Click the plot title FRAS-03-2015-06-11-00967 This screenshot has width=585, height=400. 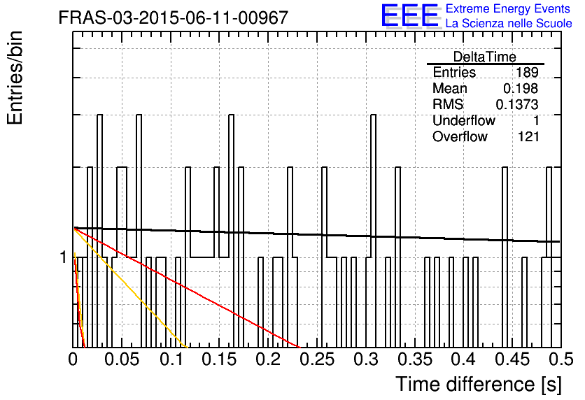tap(174, 17)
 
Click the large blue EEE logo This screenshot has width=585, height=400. tap(410, 16)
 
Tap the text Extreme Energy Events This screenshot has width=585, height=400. tap(508, 8)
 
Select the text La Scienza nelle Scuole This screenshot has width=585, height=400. tap(509, 24)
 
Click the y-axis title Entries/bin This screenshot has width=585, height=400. tap(15, 78)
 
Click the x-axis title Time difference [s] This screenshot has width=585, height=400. tap(479, 384)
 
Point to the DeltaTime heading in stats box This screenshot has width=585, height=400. tap(485, 57)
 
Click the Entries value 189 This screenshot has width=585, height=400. tap(527, 72)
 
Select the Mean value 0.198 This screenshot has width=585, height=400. tap(521, 88)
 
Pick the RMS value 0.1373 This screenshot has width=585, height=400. tap(516, 104)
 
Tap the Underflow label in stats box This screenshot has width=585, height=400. tap(464, 120)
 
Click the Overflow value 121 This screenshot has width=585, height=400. tap(528, 136)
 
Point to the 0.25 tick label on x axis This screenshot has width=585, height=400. tap(318, 359)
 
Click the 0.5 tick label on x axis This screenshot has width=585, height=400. tap(561, 359)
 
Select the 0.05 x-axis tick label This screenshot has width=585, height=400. tap(122, 359)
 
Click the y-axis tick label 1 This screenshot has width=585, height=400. tap(64, 257)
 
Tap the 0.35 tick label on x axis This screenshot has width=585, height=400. tap(415, 359)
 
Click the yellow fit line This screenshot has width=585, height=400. tap(130, 288)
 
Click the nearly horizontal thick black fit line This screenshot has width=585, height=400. tap(317, 234)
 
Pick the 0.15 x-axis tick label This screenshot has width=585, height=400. tap(219, 359)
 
